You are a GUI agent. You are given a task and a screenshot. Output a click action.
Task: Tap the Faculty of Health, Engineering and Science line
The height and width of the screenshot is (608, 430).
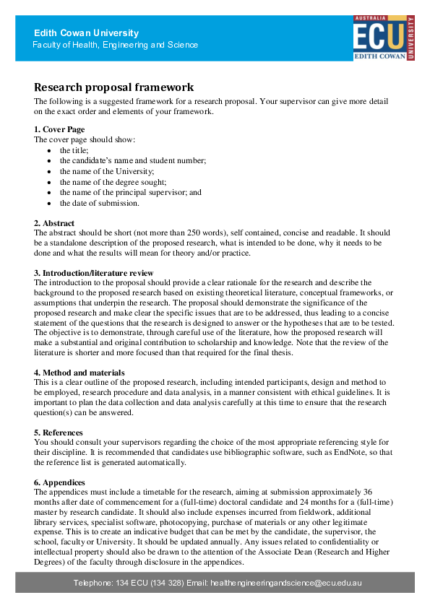pos(116,45)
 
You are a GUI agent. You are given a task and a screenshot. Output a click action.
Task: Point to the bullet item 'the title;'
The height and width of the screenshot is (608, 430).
pos(74,149)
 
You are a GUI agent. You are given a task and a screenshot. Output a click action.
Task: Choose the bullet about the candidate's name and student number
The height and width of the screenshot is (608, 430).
pos(133,160)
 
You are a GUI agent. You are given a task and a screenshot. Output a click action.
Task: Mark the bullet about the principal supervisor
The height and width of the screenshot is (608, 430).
pos(130,193)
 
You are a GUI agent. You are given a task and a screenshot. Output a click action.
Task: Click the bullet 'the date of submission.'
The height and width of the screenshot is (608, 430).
pos(99,203)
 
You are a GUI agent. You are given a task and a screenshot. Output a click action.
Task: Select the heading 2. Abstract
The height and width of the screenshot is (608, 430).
pos(54,223)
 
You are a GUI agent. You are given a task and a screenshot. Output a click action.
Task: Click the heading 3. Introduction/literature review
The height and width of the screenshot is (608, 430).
pos(94,273)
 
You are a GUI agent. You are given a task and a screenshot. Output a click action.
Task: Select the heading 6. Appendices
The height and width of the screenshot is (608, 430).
pos(59,482)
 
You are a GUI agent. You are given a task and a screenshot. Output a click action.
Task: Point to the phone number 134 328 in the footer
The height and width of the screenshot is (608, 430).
pos(167,582)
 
